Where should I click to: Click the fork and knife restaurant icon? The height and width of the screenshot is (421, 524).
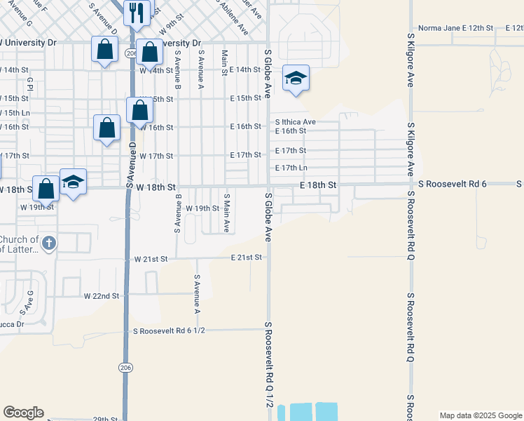coord(137,12)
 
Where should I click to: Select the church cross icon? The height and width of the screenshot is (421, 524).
coord(48,243)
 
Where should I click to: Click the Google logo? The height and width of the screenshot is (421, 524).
coord(23,413)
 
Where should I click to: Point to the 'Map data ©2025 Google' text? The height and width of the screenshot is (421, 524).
coord(480,415)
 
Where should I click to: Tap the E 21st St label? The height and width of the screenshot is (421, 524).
coord(246,258)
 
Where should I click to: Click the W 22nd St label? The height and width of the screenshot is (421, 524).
coord(102,296)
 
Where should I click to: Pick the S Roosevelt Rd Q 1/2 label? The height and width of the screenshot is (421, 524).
coord(268,365)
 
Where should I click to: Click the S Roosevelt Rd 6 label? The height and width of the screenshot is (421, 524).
coord(452,184)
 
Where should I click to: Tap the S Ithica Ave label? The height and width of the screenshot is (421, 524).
coord(294,121)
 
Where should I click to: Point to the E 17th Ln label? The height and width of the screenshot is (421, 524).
coord(291,168)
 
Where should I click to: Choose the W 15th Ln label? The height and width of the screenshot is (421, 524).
coord(15,112)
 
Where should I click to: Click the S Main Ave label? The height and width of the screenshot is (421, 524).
coord(226,213)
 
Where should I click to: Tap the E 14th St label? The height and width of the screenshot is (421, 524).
coord(245,69)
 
